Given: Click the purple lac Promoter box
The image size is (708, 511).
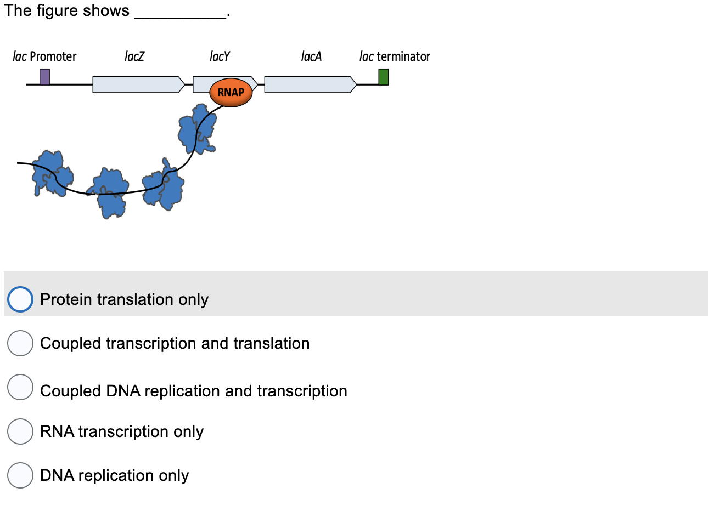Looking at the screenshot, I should pyautogui.click(x=44, y=77).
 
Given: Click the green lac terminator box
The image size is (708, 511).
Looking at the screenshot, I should pyautogui.click(x=383, y=77).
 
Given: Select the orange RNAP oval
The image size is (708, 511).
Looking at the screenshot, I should pyautogui.click(x=231, y=92).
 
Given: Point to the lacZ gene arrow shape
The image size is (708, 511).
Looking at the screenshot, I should pyautogui.click(x=138, y=84).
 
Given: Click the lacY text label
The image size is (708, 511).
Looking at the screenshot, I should pyautogui.click(x=220, y=56).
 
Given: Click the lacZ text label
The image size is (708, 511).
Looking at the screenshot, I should pyautogui.click(x=134, y=56).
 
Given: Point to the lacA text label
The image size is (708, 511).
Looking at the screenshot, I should pyautogui.click(x=311, y=56).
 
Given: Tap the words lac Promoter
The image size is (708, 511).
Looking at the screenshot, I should pyautogui.click(x=44, y=56).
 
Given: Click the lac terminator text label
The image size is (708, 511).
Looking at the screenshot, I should pyautogui.click(x=395, y=56).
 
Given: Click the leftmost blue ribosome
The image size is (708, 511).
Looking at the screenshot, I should pyautogui.click(x=52, y=173).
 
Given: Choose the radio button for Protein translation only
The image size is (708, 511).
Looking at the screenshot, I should pyautogui.click(x=20, y=299).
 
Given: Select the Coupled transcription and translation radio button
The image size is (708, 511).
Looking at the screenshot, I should pyautogui.click(x=20, y=343).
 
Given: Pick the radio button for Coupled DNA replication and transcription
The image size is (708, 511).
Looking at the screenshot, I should pyautogui.click(x=20, y=387).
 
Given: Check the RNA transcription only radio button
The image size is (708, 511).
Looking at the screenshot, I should pyautogui.click(x=20, y=431).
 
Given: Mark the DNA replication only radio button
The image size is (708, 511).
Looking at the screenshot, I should pyautogui.click(x=20, y=475).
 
